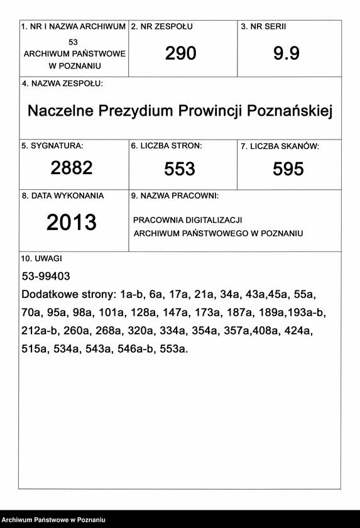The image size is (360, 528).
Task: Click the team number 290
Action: [x=181, y=54]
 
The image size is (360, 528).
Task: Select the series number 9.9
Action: [x=286, y=54]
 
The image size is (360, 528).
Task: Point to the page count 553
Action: [x=180, y=169]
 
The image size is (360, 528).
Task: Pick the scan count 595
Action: [x=288, y=169]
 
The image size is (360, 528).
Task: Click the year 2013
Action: [x=72, y=223]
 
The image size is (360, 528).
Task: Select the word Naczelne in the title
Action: [x=59, y=111]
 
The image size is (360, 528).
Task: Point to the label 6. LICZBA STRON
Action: [x=166, y=146]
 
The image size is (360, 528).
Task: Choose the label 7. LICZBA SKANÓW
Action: [x=280, y=146]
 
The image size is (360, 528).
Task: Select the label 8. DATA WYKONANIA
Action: [x=63, y=196]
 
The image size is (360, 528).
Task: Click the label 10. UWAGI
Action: [x=41, y=258]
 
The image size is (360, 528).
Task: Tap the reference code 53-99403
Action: [x=46, y=276]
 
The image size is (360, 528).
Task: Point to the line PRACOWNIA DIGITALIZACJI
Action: [x=188, y=220]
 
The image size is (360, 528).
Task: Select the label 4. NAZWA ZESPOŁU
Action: [x=62, y=84]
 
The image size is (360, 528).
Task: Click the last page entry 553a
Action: [x=174, y=349]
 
